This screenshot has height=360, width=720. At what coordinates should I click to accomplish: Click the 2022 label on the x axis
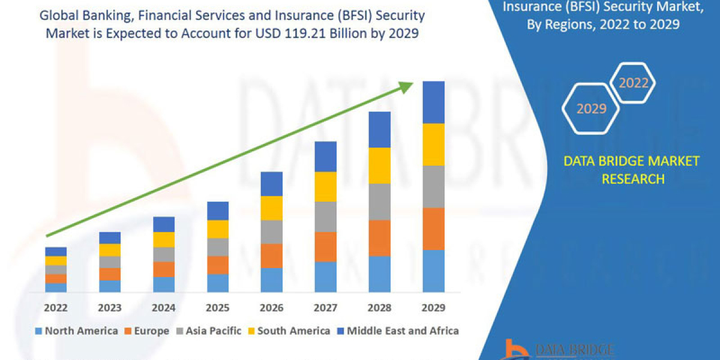(x=55, y=308)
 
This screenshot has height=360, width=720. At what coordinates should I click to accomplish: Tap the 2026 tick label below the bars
(x=271, y=308)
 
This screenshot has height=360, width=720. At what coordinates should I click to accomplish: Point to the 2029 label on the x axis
(x=433, y=308)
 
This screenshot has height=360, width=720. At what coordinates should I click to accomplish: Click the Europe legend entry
(x=148, y=331)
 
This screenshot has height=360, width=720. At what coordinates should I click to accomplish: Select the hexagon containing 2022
(x=633, y=83)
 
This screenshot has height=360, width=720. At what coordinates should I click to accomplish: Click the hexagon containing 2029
(x=591, y=109)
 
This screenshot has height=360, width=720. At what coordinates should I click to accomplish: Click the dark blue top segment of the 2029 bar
(x=433, y=102)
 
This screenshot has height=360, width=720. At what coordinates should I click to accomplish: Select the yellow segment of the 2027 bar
(x=325, y=187)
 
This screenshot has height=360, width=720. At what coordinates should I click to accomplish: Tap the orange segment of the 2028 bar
(x=379, y=238)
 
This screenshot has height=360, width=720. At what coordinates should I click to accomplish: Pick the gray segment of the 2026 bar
(x=271, y=232)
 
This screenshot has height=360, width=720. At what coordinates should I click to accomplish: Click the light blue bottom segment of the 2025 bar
(x=217, y=283)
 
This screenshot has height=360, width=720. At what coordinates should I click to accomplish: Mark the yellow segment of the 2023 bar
(x=110, y=250)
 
